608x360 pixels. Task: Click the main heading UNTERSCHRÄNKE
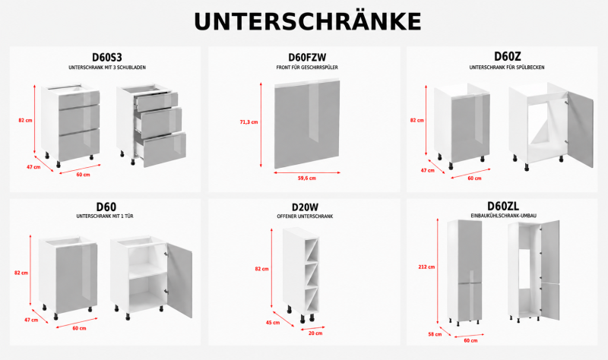pos(308,21)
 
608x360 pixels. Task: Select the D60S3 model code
pos(107,58)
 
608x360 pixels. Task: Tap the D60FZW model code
pos(307,58)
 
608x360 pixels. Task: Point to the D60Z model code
pos(507,56)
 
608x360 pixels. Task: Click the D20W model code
pos(306,207)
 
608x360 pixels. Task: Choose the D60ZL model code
pos(503,205)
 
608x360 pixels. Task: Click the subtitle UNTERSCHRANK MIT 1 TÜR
pos(105,216)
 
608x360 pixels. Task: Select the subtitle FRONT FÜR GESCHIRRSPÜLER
pos(307,68)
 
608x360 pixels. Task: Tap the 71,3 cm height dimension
pos(249,122)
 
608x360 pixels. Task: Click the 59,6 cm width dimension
pos(307,178)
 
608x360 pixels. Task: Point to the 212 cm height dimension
pos(426,267)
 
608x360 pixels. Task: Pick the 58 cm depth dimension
pos(435,334)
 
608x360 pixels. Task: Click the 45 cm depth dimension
pos(273,323)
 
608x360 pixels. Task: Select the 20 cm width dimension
pos(315,333)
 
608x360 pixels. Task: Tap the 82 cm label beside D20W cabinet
pos(261,269)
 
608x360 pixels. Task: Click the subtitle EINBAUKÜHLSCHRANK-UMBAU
pos(504,216)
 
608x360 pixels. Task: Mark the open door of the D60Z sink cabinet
pos(580,129)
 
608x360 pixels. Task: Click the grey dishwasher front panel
pos(307,125)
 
